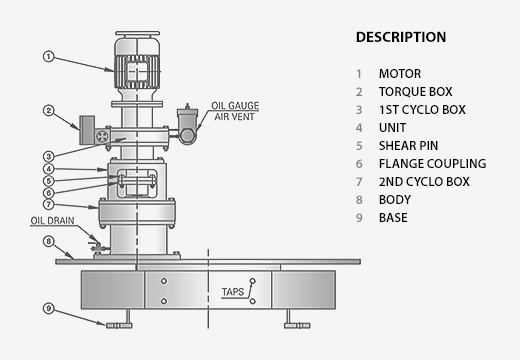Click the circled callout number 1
pos(49,56)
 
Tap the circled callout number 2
pos(49,110)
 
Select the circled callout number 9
pos(49,308)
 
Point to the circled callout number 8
pos(49,241)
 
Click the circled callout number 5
pos(49,181)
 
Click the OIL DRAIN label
pos(52,221)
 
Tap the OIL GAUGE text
pos(235,106)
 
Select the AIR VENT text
pos(234,117)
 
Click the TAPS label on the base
pos(233,292)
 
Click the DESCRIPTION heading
pos(401,37)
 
